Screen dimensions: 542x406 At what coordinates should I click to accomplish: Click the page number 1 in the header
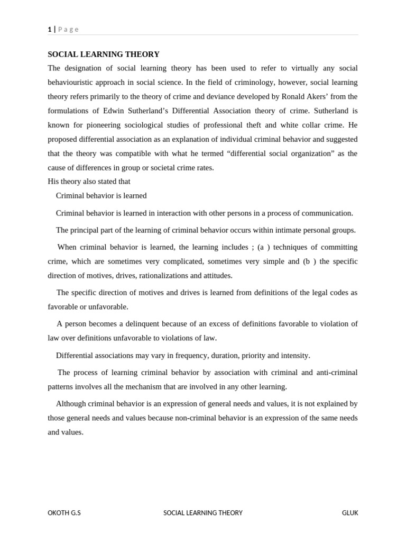click(50, 30)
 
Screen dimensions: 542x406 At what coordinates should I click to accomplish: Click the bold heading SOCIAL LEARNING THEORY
click(104, 54)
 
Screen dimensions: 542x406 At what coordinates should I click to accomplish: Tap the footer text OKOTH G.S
click(64, 513)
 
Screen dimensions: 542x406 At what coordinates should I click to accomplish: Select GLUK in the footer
click(349, 513)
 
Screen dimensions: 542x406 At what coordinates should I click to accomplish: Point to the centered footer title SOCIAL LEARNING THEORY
click(203, 513)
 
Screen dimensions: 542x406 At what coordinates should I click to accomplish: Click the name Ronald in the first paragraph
click(306, 96)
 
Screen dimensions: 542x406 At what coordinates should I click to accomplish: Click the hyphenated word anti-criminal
click(337, 372)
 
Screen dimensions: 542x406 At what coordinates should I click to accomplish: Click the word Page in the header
click(68, 30)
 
